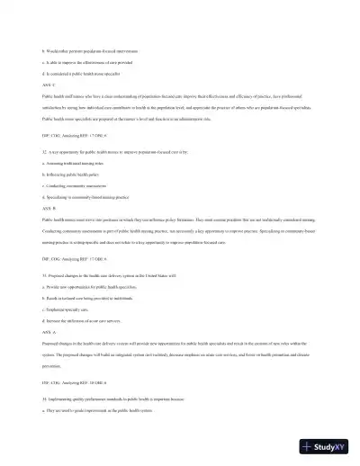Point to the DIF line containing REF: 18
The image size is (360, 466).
click(81, 384)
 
